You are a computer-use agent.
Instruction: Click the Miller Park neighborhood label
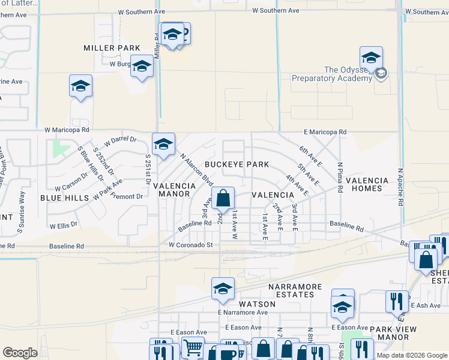tap(112, 48)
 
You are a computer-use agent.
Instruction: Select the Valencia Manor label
tap(176, 190)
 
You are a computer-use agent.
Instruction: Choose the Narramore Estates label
tap(295, 290)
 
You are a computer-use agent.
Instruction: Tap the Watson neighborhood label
tap(260, 304)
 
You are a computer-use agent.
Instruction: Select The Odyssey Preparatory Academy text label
tap(331, 74)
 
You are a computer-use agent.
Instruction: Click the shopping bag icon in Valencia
tap(223, 197)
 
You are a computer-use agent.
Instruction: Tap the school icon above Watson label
tap(223, 289)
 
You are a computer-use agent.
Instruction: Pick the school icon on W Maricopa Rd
tap(163, 144)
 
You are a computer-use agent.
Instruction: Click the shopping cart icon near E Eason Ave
tap(193, 347)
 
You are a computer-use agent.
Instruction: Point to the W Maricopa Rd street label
tap(67, 129)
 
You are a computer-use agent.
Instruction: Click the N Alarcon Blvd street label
tap(197, 169)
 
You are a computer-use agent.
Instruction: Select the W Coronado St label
tap(191, 245)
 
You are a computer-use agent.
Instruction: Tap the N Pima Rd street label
tap(340, 176)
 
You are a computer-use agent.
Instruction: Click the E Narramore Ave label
tap(243, 313)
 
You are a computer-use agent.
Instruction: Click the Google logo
tap(20, 353)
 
